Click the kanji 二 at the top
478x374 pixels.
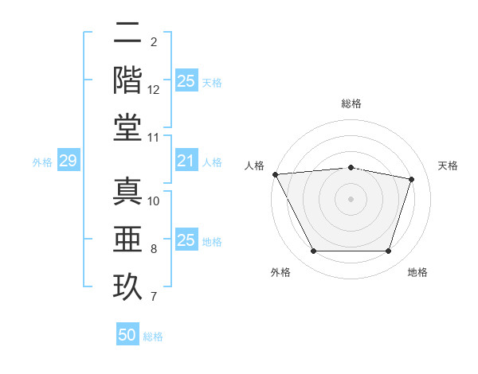coord(128,33)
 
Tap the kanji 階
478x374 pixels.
coord(128,80)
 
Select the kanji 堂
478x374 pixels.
coord(128,127)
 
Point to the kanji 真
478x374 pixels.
coord(128,193)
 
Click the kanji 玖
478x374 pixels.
coord(128,286)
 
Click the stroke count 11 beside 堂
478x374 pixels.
coord(154,138)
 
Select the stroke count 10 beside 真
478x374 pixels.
coord(154,201)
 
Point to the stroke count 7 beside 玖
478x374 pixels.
coord(154,297)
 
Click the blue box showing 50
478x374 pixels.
coord(127,335)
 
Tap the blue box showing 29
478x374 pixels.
coord(68,162)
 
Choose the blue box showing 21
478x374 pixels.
coord(186,162)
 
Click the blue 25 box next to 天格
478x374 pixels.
coord(186,81)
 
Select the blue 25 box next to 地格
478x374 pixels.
coord(186,240)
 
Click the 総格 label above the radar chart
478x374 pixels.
coord(351,103)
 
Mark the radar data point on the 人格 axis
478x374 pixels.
coord(275,174)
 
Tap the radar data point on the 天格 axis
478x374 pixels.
coord(411,179)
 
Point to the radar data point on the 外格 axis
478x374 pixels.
coord(313,251)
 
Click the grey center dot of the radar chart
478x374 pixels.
coord(351,198)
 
